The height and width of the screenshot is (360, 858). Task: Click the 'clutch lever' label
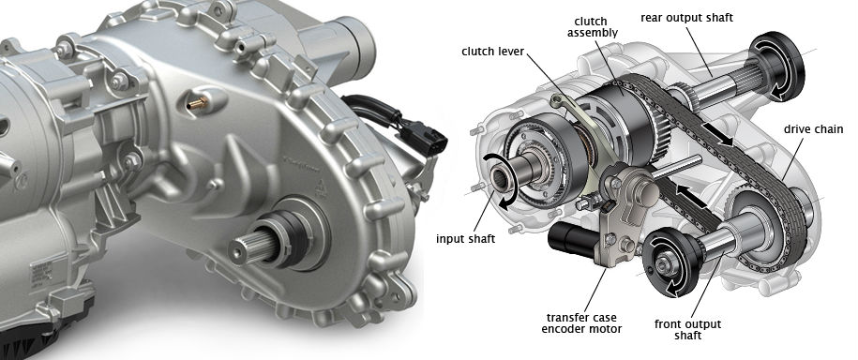[493, 52]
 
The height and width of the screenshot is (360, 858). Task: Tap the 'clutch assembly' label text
[591, 27]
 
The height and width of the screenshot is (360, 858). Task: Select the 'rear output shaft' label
[686, 18]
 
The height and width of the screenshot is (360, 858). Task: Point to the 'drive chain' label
[813, 129]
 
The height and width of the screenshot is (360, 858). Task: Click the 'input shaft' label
[466, 239]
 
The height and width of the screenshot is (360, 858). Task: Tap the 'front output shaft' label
[687, 330]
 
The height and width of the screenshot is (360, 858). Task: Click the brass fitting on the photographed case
[197, 102]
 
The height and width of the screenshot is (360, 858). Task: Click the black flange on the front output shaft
[671, 263]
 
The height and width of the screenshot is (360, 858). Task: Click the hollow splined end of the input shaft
[501, 178]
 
